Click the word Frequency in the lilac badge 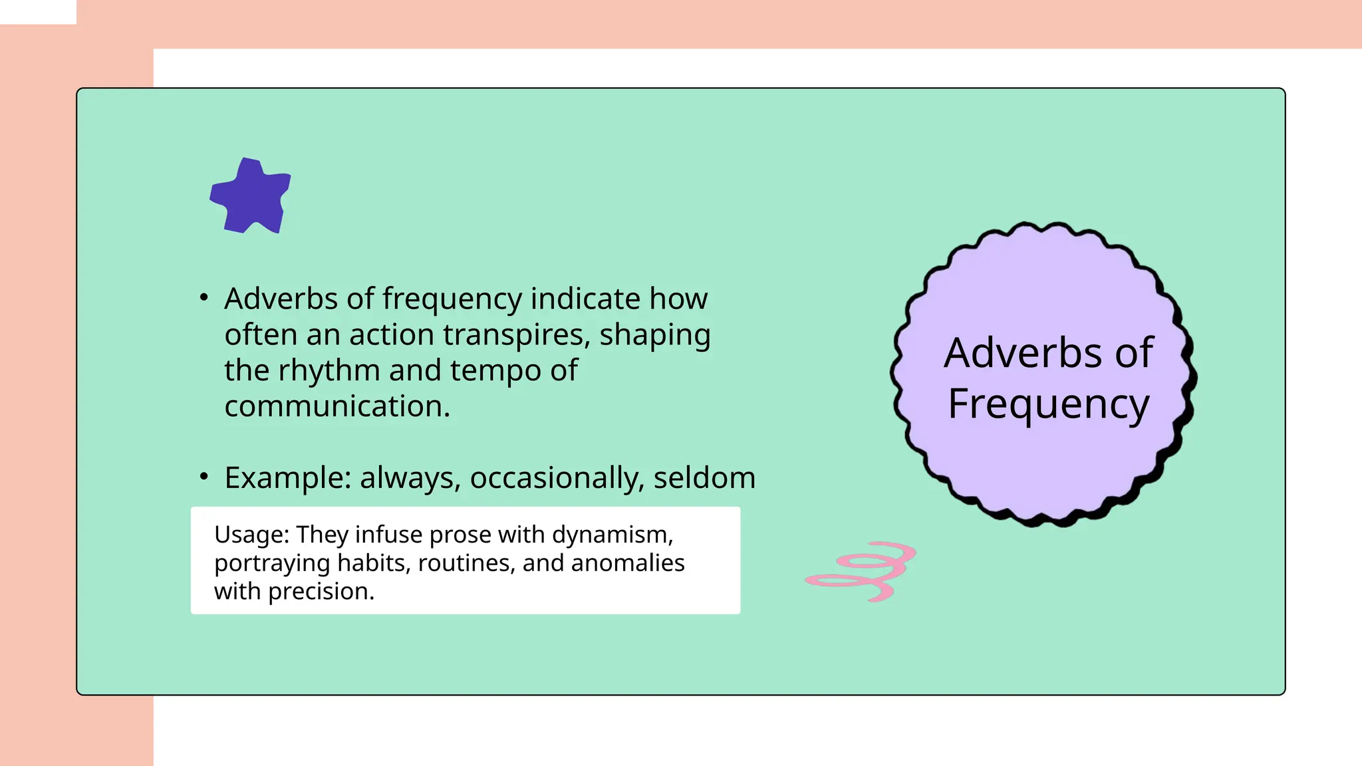[1048, 404]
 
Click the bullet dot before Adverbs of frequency [204, 297]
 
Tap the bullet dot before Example [204, 476]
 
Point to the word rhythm [329, 370]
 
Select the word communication [337, 406]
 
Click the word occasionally [557, 478]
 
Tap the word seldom [704, 478]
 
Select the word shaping [654, 334]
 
